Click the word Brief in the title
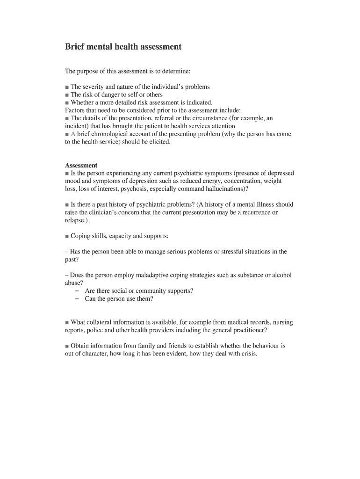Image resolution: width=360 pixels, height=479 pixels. (x=75, y=47)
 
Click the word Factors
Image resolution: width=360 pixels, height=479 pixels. (x=75, y=110)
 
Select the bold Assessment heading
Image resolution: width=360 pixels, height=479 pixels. (x=81, y=166)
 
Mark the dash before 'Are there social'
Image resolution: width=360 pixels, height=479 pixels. (x=76, y=291)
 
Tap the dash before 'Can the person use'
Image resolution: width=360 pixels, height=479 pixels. (x=76, y=299)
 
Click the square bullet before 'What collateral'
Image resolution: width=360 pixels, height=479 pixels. (x=67, y=323)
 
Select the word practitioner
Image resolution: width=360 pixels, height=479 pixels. (x=249, y=330)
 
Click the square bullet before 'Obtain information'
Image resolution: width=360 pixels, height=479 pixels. (x=67, y=346)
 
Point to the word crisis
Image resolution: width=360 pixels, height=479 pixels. (x=248, y=354)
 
